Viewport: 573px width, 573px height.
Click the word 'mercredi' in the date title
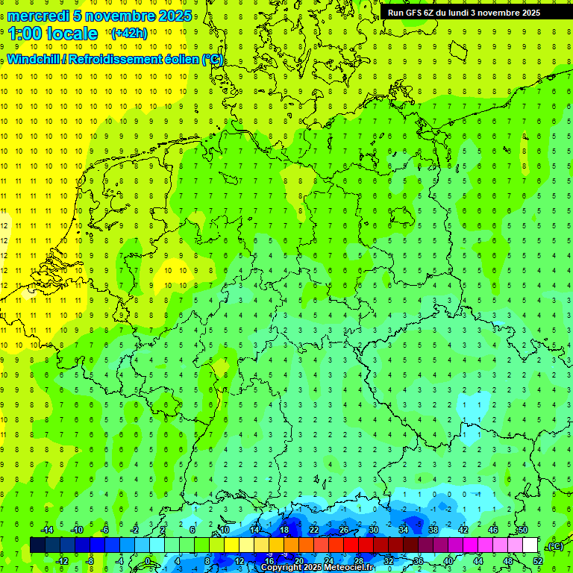click(x=37, y=15)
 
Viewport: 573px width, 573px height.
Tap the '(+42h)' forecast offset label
click(x=128, y=34)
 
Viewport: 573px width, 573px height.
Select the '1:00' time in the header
click(x=25, y=34)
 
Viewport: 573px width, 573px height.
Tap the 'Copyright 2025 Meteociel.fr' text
click(x=316, y=567)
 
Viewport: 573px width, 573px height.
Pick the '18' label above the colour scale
click(x=284, y=529)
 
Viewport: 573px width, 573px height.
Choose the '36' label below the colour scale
click(x=418, y=561)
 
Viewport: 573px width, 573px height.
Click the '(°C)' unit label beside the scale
click(x=554, y=546)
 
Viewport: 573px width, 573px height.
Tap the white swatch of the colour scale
click(x=530, y=545)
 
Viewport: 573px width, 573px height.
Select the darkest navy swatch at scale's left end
click(x=37, y=545)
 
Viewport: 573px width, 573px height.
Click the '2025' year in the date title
click(x=176, y=15)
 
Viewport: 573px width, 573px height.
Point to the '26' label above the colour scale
click(x=343, y=529)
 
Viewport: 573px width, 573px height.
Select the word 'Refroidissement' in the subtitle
click(x=115, y=59)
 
